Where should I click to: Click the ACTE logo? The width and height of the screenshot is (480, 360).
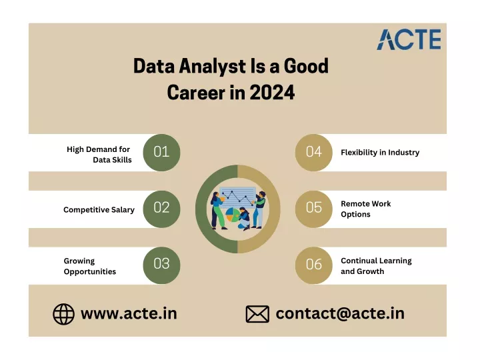(x=409, y=39)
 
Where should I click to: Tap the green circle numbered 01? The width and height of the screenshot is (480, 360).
(x=161, y=153)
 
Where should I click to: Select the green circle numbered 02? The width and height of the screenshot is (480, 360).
(x=161, y=209)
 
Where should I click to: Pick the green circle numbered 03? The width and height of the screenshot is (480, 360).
(x=161, y=265)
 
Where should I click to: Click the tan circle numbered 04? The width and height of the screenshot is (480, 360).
(x=314, y=153)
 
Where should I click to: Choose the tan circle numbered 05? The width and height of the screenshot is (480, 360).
(x=314, y=209)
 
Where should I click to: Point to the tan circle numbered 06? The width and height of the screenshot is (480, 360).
(x=314, y=265)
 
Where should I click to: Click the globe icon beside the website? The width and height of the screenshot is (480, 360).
(x=64, y=314)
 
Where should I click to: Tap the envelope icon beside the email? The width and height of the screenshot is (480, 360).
(x=257, y=314)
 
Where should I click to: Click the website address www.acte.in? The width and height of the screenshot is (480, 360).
(x=129, y=313)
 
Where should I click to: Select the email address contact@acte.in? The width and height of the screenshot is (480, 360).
(x=340, y=313)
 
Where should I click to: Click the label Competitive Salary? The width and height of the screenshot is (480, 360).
(x=99, y=210)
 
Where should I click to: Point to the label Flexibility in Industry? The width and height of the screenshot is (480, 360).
(x=380, y=152)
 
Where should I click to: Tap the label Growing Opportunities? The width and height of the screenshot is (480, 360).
(x=90, y=266)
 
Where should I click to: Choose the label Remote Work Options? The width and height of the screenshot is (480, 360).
(x=366, y=209)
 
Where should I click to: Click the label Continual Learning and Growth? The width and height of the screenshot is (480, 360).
(x=376, y=266)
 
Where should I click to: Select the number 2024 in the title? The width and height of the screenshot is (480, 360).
(x=272, y=93)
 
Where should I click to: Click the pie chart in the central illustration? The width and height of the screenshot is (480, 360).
(x=233, y=215)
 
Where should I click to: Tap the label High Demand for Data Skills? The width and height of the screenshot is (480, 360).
(x=99, y=155)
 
